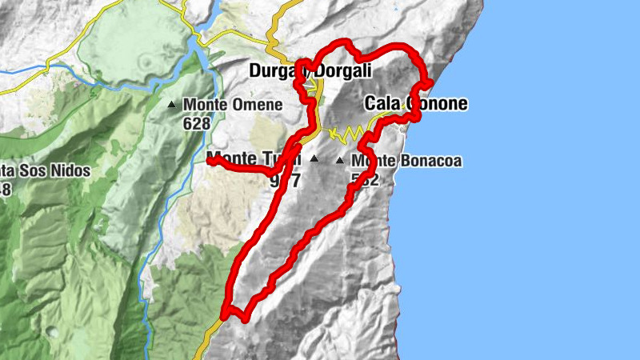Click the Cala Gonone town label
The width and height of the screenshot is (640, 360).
(x=416, y=103)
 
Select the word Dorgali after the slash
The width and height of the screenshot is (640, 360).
(x=344, y=71)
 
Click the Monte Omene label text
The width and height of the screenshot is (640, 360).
(x=232, y=105)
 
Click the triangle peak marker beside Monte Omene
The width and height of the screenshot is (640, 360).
(x=171, y=104)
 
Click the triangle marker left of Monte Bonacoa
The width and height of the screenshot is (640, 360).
(x=341, y=160)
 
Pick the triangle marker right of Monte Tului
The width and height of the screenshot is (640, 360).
(x=314, y=158)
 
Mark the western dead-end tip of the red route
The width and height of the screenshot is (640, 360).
(x=210, y=161)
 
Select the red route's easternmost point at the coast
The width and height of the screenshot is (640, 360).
(x=430, y=82)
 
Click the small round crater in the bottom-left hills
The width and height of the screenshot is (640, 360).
(x=52, y=331)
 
